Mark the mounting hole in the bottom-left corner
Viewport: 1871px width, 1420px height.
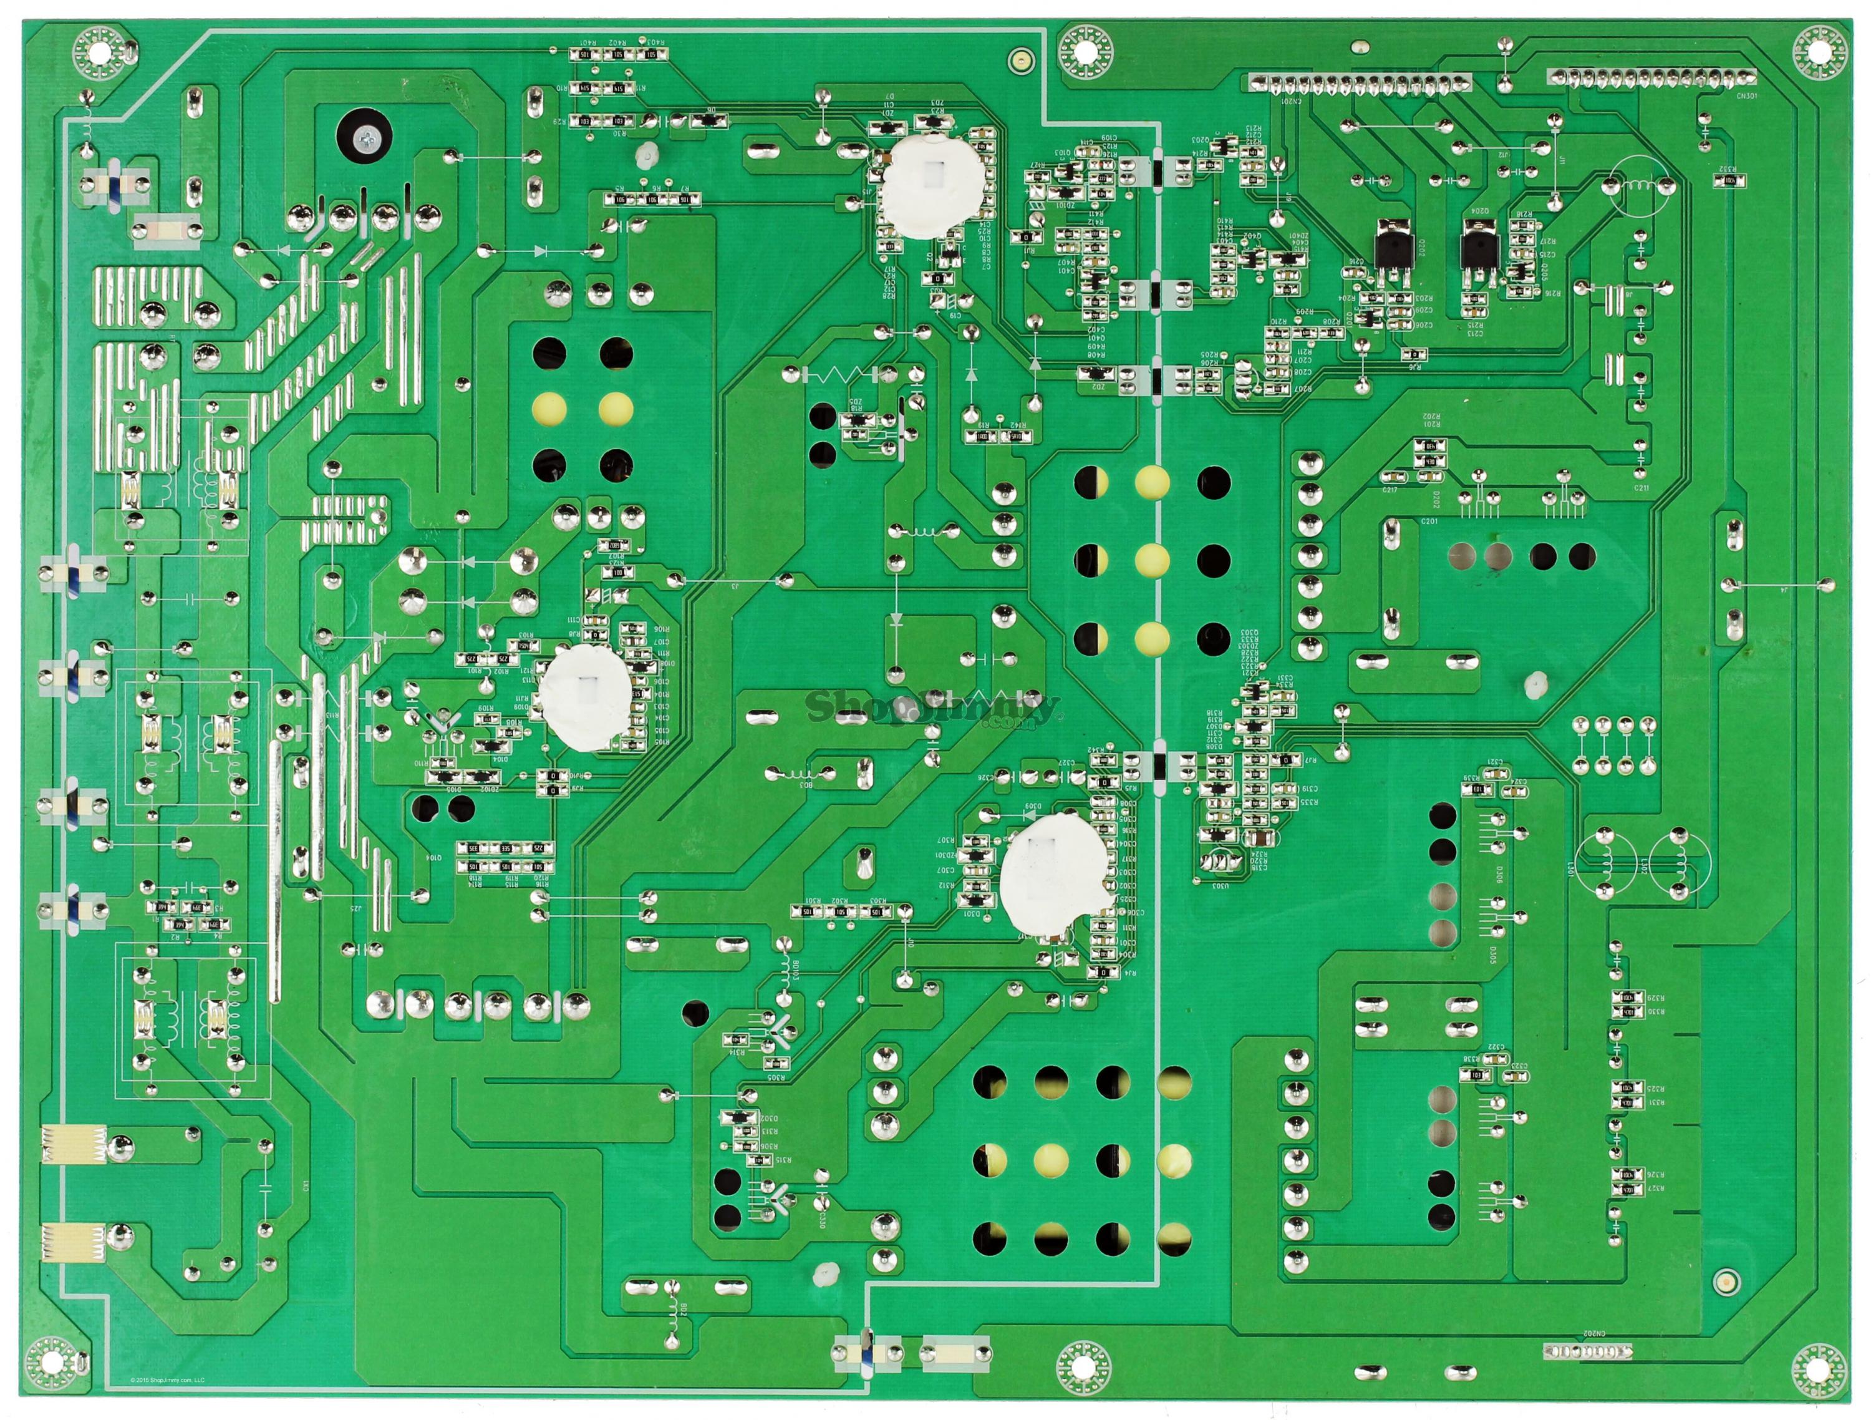[52, 1361]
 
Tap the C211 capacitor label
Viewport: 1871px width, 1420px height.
[1641, 489]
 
